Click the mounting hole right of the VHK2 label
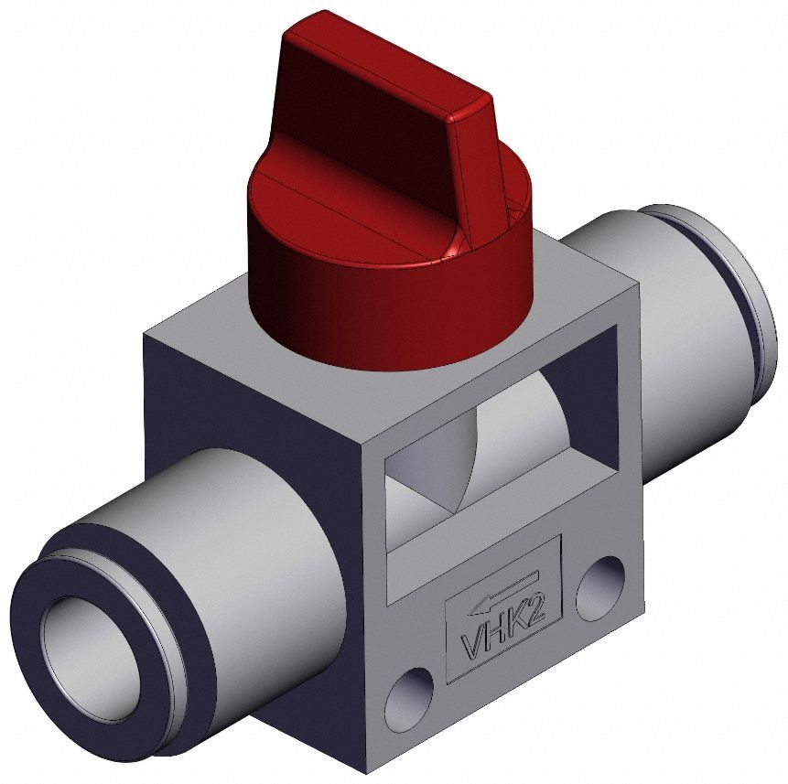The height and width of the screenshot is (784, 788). [599, 585]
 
